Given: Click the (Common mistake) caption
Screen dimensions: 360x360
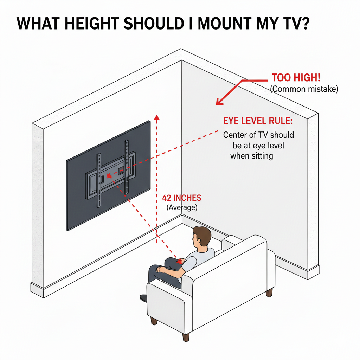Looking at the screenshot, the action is [x=304, y=89].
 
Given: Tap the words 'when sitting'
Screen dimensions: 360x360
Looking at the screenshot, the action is [x=252, y=156].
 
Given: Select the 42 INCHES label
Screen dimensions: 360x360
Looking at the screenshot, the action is [x=182, y=198].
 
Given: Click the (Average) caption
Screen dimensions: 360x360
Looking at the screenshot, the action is [x=182, y=207].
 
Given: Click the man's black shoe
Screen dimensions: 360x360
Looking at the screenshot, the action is [x=143, y=298].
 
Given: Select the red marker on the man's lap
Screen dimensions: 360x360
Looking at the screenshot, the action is [x=180, y=261].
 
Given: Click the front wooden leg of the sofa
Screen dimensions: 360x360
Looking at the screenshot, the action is [x=185, y=336].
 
